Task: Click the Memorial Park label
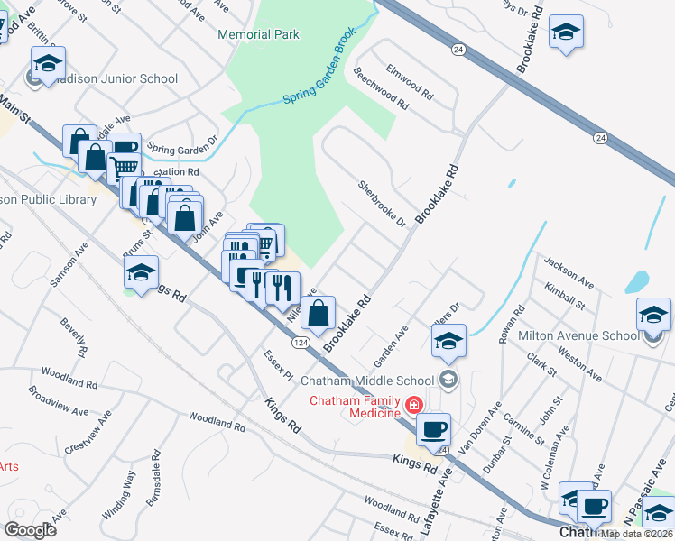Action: [x=258, y=34]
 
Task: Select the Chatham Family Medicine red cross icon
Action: [x=413, y=406]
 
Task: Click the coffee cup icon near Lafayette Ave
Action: [x=434, y=426]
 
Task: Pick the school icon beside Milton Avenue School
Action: [x=653, y=315]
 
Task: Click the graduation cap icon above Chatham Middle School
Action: [x=448, y=341]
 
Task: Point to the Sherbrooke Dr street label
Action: [x=383, y=203]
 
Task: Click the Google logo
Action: [x=31, y=529]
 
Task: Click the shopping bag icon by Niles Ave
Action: [x=319, y=314]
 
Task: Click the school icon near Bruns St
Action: [x=142, y=272]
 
